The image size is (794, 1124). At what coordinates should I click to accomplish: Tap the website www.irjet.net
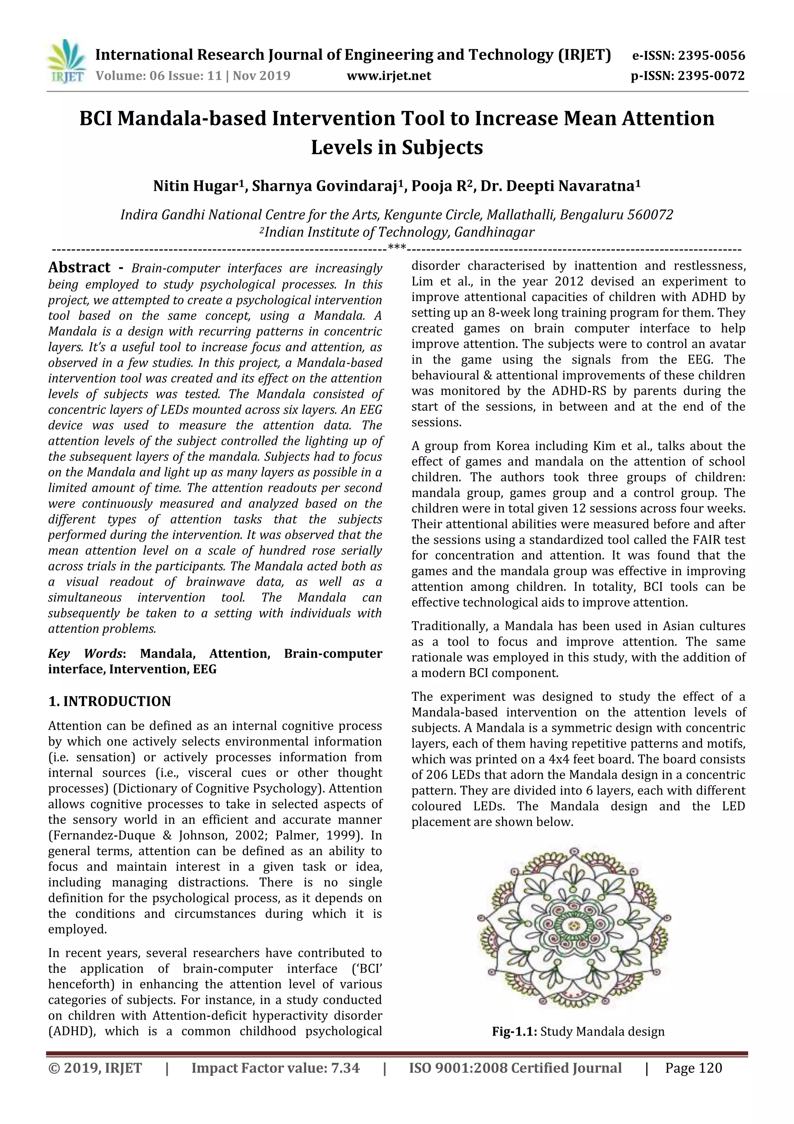pos(389,76)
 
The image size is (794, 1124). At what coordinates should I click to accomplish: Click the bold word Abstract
pos(79,267)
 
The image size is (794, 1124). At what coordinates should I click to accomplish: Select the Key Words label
pos(85,653)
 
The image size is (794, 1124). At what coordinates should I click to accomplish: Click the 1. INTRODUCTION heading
pos(110,701)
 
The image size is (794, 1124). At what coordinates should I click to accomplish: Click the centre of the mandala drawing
pos(574,925)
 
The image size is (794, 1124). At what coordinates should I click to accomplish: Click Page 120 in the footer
pos(693,1068)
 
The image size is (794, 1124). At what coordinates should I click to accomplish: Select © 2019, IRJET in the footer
pos(95,1068)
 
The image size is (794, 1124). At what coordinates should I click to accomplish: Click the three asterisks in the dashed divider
pos(397,247)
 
